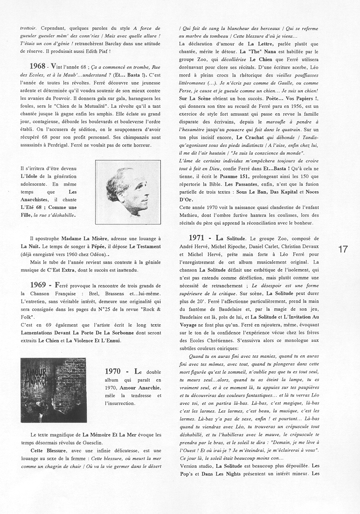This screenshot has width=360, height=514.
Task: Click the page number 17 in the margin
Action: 343,249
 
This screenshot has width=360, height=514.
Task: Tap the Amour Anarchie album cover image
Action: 53,389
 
